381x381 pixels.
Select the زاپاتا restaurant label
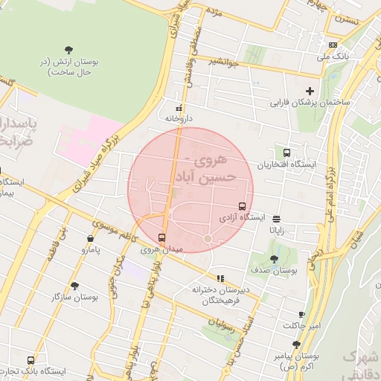[278, 231]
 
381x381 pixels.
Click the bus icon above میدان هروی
[161, 237]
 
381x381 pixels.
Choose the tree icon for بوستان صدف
[275, 259]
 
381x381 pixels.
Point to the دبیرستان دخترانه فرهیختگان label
[222, 294]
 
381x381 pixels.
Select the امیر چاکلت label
[301, 326]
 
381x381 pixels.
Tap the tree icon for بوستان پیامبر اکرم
[296, 345]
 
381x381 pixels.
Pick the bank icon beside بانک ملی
[331, 45]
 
